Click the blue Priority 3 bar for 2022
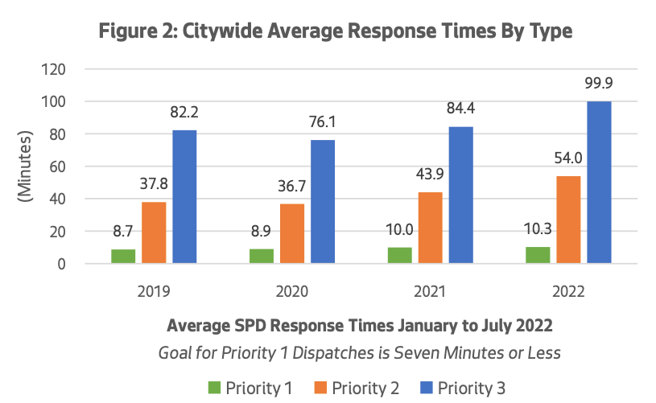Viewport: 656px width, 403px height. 599,183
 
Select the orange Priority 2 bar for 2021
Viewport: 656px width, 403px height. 429,228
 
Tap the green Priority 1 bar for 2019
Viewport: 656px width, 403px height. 123,256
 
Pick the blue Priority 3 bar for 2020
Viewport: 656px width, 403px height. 323,202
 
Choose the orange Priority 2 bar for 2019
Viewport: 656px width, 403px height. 154,232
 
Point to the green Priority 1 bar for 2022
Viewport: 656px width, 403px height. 538,254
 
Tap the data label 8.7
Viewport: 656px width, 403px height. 123,232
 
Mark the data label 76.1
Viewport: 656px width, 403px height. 323,122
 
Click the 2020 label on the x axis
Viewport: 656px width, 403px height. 292,290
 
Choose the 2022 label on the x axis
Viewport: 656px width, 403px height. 568,290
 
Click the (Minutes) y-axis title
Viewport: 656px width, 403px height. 25,167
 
